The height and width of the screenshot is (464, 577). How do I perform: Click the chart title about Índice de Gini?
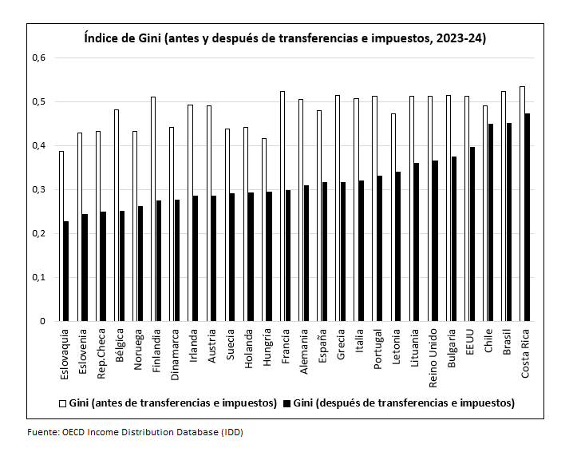point(285,38)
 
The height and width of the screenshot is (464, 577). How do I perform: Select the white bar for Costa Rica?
point(522,204)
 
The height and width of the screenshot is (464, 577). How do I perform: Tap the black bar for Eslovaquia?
point(66,272)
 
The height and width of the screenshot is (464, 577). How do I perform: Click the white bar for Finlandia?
point(153,208)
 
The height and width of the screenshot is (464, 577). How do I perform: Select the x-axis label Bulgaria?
point(452,346)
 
